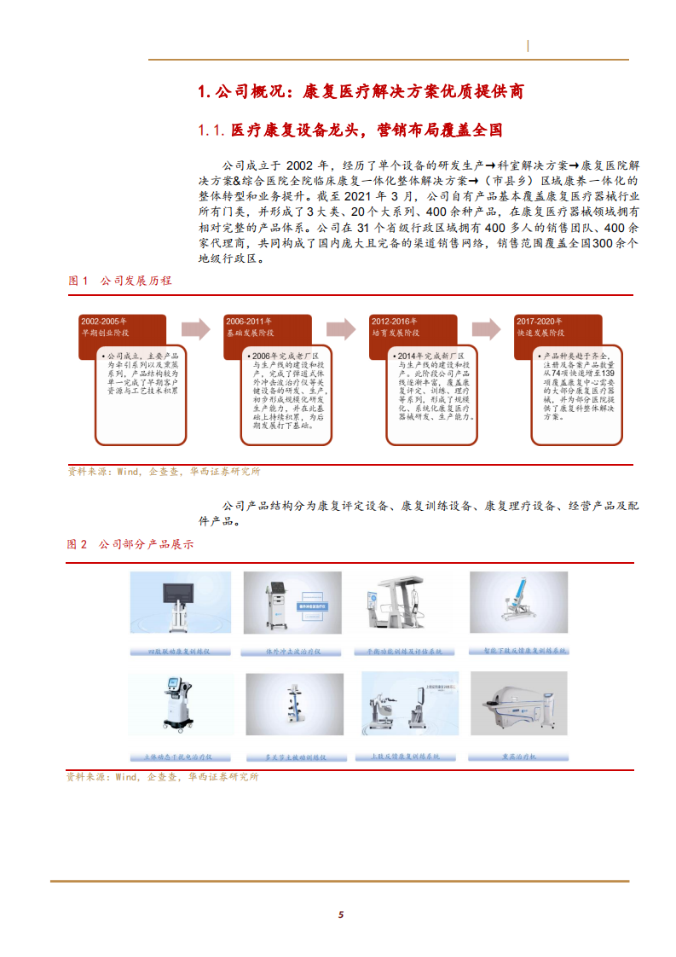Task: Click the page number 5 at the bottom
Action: [340, 914]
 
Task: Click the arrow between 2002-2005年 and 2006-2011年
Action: [195, 329]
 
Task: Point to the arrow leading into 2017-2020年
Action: [487, 329]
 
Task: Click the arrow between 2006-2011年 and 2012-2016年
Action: [341, 329]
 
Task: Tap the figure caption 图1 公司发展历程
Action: [120, 281]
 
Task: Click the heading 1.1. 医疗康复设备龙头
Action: [350, 130]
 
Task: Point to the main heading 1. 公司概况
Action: [360, 90]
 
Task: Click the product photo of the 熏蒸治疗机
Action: [517, 702]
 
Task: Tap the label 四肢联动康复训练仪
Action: [179, 651]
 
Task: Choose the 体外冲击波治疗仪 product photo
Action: [292, 604]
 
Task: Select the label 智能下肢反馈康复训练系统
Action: [518, 651]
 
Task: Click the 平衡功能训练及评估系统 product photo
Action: [406, 604]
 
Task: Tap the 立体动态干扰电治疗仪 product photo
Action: [179, 702]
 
